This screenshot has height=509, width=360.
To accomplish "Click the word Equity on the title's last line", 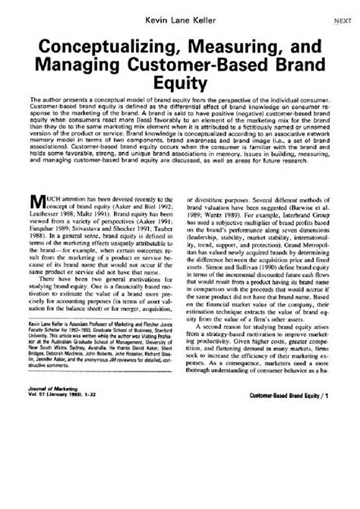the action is pos(180,81).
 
